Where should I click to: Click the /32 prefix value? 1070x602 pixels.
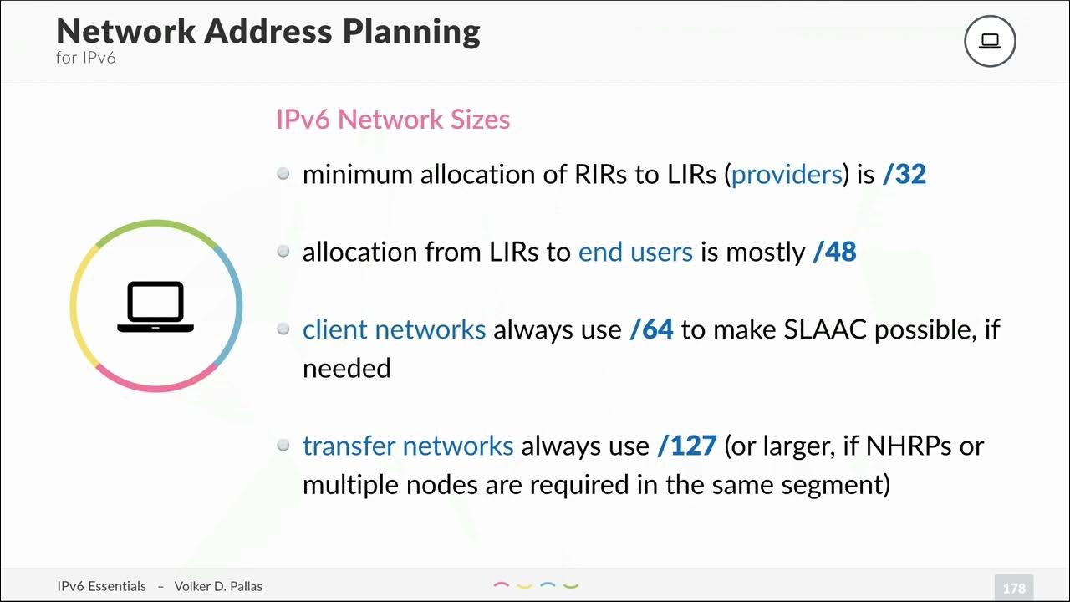[x=904, y=174]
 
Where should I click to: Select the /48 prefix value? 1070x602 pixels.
[x=834, y=252]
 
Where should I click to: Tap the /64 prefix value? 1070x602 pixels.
[x=651, y=329]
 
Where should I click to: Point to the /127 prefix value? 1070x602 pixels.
[x=687, y=446]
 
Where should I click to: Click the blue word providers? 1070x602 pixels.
[x=787, y=174]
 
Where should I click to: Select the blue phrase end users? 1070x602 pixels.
[x=635, y=252]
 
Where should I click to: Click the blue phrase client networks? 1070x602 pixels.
[x=394, y=329]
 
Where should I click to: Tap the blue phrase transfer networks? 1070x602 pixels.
[x=408, y=446]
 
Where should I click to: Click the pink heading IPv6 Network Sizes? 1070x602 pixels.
[x=393, y=120]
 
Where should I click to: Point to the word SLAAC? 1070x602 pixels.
[x=826, y=329]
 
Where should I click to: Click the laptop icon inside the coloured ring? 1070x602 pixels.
[x=155, y=306]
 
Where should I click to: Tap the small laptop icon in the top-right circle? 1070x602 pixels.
[x=990, y=41]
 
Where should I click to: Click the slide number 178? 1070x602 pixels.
[x=1014, y=588]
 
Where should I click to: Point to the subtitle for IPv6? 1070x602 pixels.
[x=85, y=59]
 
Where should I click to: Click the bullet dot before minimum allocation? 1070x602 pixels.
[x=283, y=174]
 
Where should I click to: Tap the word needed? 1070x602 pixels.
[x=346, y=368]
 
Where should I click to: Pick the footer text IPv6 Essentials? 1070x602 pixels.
[x=102, y=586]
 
